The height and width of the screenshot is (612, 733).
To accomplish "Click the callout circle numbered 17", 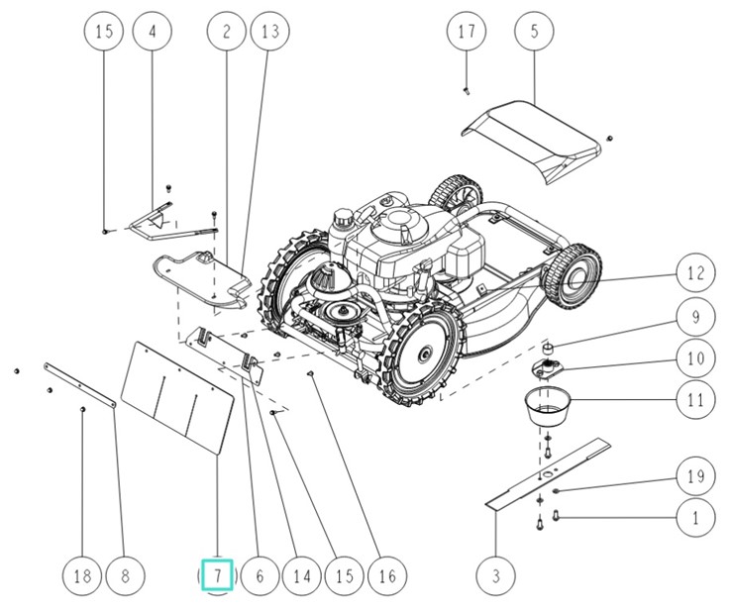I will [x=467, y=31].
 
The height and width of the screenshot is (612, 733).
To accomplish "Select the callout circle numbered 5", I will [x=535, y=31].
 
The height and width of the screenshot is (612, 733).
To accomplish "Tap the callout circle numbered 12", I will [x=695, y=271].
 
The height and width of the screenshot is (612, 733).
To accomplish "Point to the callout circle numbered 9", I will [x=695, y=317].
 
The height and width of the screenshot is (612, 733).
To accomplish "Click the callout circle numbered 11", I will [x=695, y=401].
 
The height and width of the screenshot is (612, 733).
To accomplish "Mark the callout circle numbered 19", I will [x=695, y=475].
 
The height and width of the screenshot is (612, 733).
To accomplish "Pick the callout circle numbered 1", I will [x=695, y=516].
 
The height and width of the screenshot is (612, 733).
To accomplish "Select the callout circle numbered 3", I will [x=496, y=574].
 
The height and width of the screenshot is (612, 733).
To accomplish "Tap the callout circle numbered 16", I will [x=386, y=574].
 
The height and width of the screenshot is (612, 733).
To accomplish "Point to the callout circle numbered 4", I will [x=153, y=31].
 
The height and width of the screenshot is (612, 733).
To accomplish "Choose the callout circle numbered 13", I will [x=268, y=31].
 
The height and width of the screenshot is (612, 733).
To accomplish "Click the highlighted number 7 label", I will [x=217, y=574].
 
